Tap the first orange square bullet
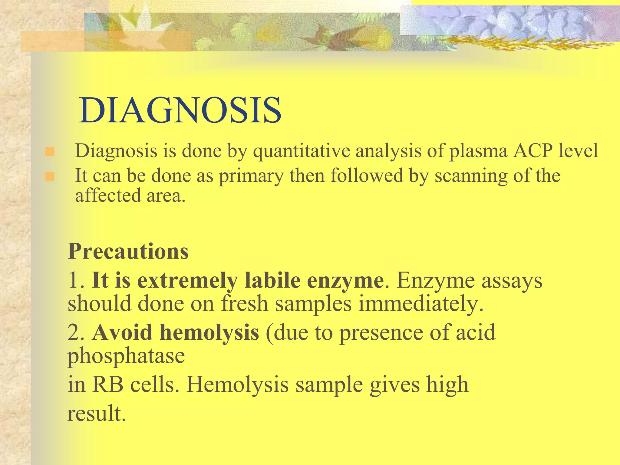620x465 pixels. point(50,151)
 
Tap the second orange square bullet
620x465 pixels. point(50,176)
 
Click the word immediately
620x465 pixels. point(421,304)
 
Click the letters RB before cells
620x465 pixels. point(108,384)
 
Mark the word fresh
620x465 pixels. point(245,304)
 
